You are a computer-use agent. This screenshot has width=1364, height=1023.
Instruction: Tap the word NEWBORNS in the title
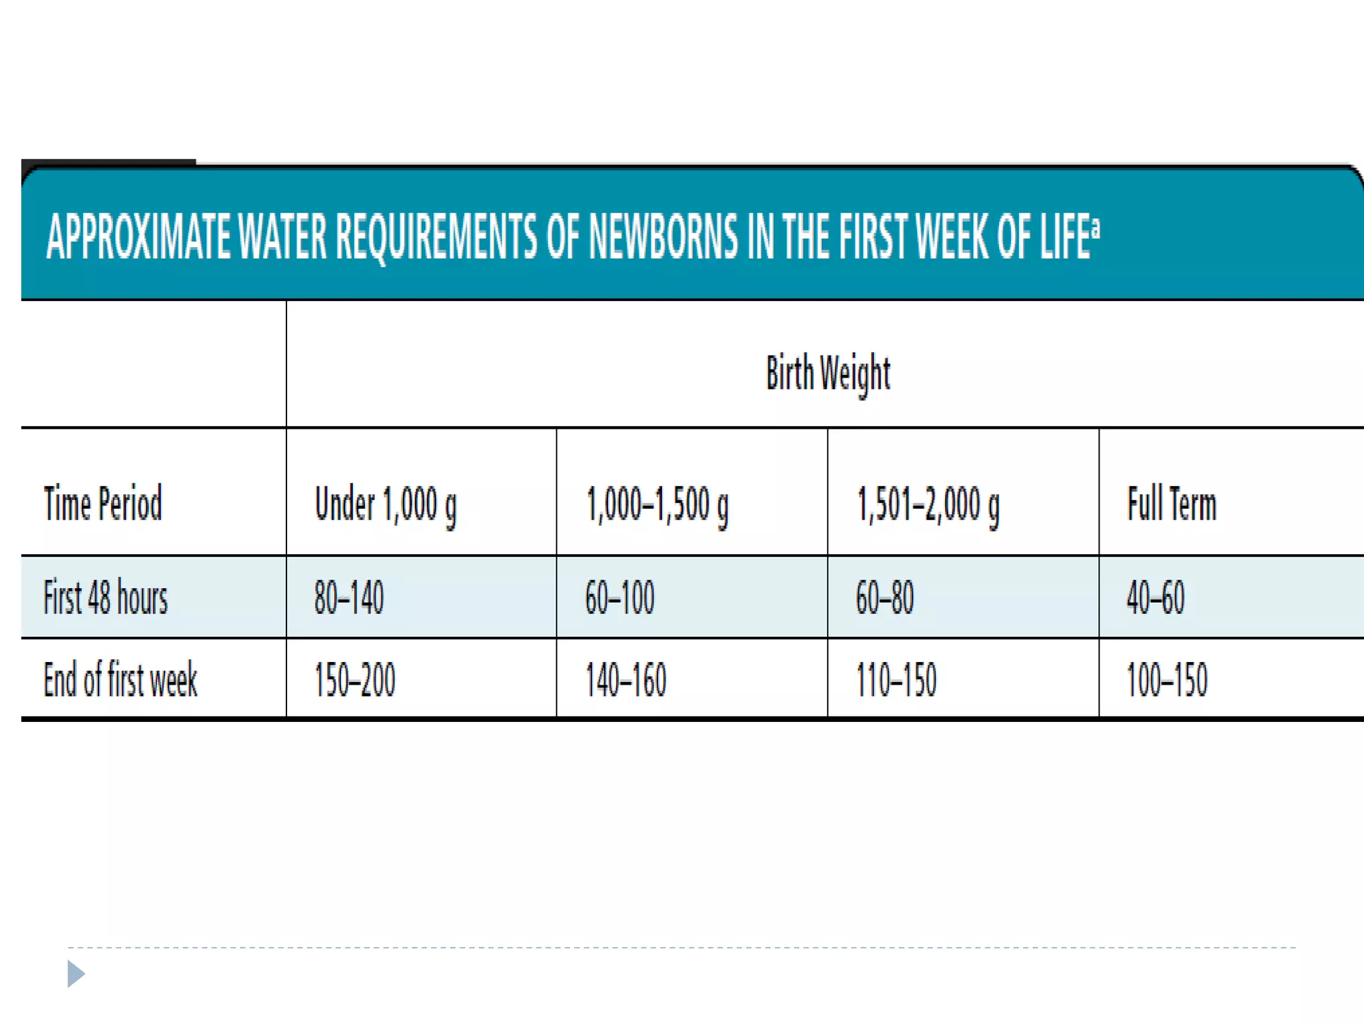click(x=663, y=236)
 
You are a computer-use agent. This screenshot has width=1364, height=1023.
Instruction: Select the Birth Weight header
click(x=828, y=373)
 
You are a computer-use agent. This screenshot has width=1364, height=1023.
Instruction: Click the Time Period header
click(x=103, y=504)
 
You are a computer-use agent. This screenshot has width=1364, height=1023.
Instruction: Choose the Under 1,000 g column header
click(x=386, y=505)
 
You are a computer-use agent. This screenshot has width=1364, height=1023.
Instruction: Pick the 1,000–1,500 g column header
click(x=657, y=505)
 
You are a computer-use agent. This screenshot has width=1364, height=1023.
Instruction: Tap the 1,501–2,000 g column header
click(x=928, y=505)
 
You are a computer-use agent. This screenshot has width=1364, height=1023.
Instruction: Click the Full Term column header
click(x=1172, y=504)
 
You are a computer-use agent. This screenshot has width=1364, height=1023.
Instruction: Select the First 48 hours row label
click(x=105, y=597)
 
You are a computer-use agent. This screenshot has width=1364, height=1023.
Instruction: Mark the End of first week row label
click(x=121, y=679)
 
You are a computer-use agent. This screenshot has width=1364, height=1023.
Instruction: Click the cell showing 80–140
click(x=349, y=597)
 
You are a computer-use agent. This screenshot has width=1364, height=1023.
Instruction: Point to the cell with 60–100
click(x=620, y=597)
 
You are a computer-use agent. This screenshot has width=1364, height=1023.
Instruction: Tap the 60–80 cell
click(x=884, y=597)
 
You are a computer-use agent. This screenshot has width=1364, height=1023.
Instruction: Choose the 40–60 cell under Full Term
click(x=1156, y=597)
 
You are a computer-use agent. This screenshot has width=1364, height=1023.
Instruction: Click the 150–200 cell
click(x=355, y=680)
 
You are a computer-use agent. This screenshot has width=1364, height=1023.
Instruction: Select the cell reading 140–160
click(x=626, y=680)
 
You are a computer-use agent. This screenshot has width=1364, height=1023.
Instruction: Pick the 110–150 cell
click(x=896, y=680)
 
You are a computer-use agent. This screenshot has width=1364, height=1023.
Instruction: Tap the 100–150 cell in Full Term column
click(x=1167, y=680)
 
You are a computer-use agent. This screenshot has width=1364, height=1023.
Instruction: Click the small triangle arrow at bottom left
click(x=75, y=974)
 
